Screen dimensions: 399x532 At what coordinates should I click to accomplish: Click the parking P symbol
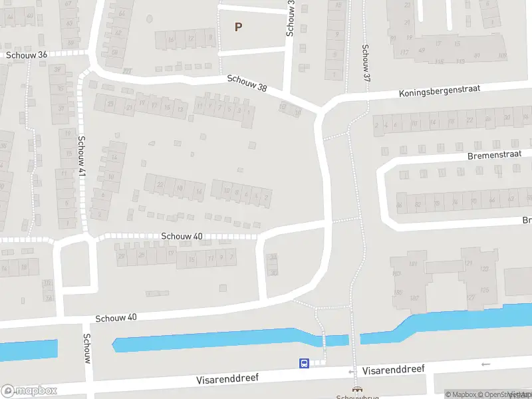point(238,27)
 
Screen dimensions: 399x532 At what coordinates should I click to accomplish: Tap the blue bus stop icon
point(304,363)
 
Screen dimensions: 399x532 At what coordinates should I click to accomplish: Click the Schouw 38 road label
point(247,83)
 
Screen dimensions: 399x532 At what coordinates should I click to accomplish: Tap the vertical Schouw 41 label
point(82,157)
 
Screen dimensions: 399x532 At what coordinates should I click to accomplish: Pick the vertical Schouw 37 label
point(366,63)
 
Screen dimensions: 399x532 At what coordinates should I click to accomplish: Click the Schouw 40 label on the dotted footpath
point(182,236)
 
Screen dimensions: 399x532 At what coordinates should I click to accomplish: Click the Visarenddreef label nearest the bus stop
point(227,379)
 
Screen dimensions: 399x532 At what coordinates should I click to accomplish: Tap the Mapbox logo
point(29,390)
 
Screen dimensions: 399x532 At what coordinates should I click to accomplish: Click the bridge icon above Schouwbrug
point(357,390)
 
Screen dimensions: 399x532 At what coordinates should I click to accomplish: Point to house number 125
point(484,290)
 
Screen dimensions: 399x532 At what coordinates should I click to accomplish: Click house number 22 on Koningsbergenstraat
point(470,120)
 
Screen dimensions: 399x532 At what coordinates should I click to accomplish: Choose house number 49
point(421,51)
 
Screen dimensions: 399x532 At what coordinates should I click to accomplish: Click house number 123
point(484,269)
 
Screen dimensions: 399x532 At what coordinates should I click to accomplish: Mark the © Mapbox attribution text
point(460,394)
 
